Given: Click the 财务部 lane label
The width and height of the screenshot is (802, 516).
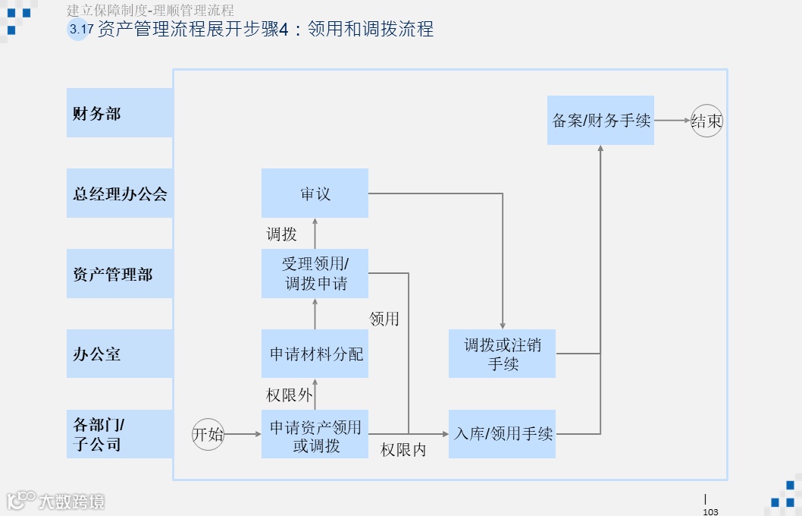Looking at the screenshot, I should tap(119, 113).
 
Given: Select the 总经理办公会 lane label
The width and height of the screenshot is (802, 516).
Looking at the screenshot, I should tap(119, 193).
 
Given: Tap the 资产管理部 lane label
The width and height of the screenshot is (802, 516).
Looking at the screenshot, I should tap(119, 274).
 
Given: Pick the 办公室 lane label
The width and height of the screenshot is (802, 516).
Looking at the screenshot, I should tap(119, 354).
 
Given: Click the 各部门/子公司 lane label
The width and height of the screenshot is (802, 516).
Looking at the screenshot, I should tap(119, 434).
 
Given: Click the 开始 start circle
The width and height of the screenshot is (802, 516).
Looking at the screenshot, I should tap(208, 434).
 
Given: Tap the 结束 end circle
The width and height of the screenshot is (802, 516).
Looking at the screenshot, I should tap(706, 121).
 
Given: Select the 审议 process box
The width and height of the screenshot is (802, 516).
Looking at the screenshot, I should tap(315, 193).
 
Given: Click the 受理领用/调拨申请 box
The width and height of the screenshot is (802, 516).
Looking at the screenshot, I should tap(315, 274).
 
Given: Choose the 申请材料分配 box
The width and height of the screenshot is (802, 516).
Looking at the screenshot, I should tap(315, 354).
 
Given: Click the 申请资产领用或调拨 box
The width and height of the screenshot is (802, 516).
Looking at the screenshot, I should tap(315, 434).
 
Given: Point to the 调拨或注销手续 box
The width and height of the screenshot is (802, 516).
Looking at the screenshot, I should tap(502, 354).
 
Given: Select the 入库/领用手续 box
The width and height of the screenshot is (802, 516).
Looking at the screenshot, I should tap(502, 434).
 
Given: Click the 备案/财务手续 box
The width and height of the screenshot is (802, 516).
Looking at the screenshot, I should tap(600, 120).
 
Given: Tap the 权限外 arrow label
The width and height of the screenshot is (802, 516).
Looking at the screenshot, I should tap(289, 395).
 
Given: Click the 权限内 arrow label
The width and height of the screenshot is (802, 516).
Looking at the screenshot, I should tap(403, 450).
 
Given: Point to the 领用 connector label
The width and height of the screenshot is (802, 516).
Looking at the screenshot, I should tap(384, 319).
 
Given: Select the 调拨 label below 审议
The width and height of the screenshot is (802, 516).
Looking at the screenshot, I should tap(281, 234).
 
